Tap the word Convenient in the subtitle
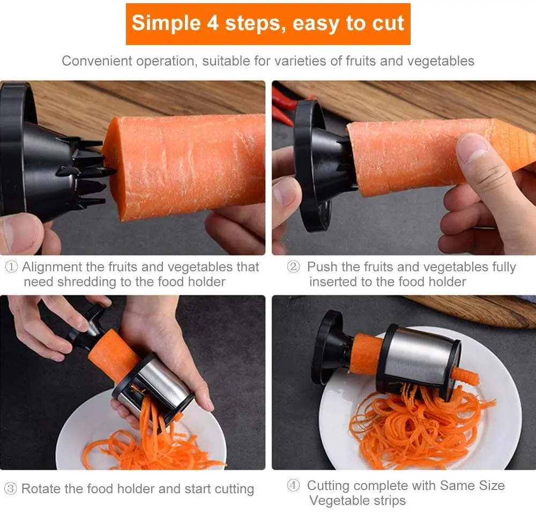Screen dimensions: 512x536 tap(95, 61)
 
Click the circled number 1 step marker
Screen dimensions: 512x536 tap(12, 267)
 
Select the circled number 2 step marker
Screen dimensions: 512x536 tap(293, 267)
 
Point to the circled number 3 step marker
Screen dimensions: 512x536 tap(11, 489)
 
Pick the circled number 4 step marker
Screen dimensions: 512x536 tap(293, 486)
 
